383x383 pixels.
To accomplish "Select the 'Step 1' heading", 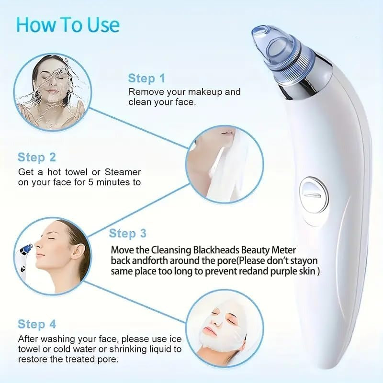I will tap(146, 79).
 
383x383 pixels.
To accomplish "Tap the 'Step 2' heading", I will tap(37, 157).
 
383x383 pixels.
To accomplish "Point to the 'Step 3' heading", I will tap(128, 234).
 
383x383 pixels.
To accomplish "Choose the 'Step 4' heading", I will tap(37, 324).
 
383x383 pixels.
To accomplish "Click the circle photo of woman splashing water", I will tap(50, 89).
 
